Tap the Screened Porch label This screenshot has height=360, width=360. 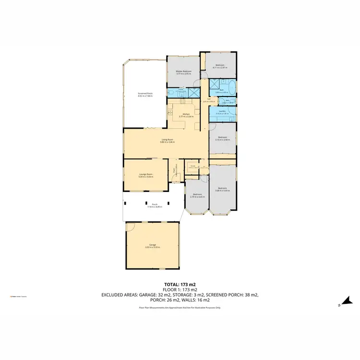[x=145, y=95]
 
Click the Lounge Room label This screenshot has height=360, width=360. [x=146, y=176]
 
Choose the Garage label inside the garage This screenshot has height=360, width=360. [x=153, y=246]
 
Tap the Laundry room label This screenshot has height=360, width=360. [x=222, y=112]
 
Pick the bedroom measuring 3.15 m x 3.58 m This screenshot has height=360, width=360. [x=222, y=139]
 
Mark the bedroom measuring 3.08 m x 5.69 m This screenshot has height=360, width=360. [x=222, y=189]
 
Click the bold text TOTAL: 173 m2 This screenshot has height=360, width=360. [x=180, y=285]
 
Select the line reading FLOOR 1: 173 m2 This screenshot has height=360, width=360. [x=180, y=290]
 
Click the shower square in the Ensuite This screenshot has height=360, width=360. [x=194, y=93]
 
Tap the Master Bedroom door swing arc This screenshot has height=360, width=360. [x=203, y=75]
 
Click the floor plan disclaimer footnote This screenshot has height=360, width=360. [x=180, y=307]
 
